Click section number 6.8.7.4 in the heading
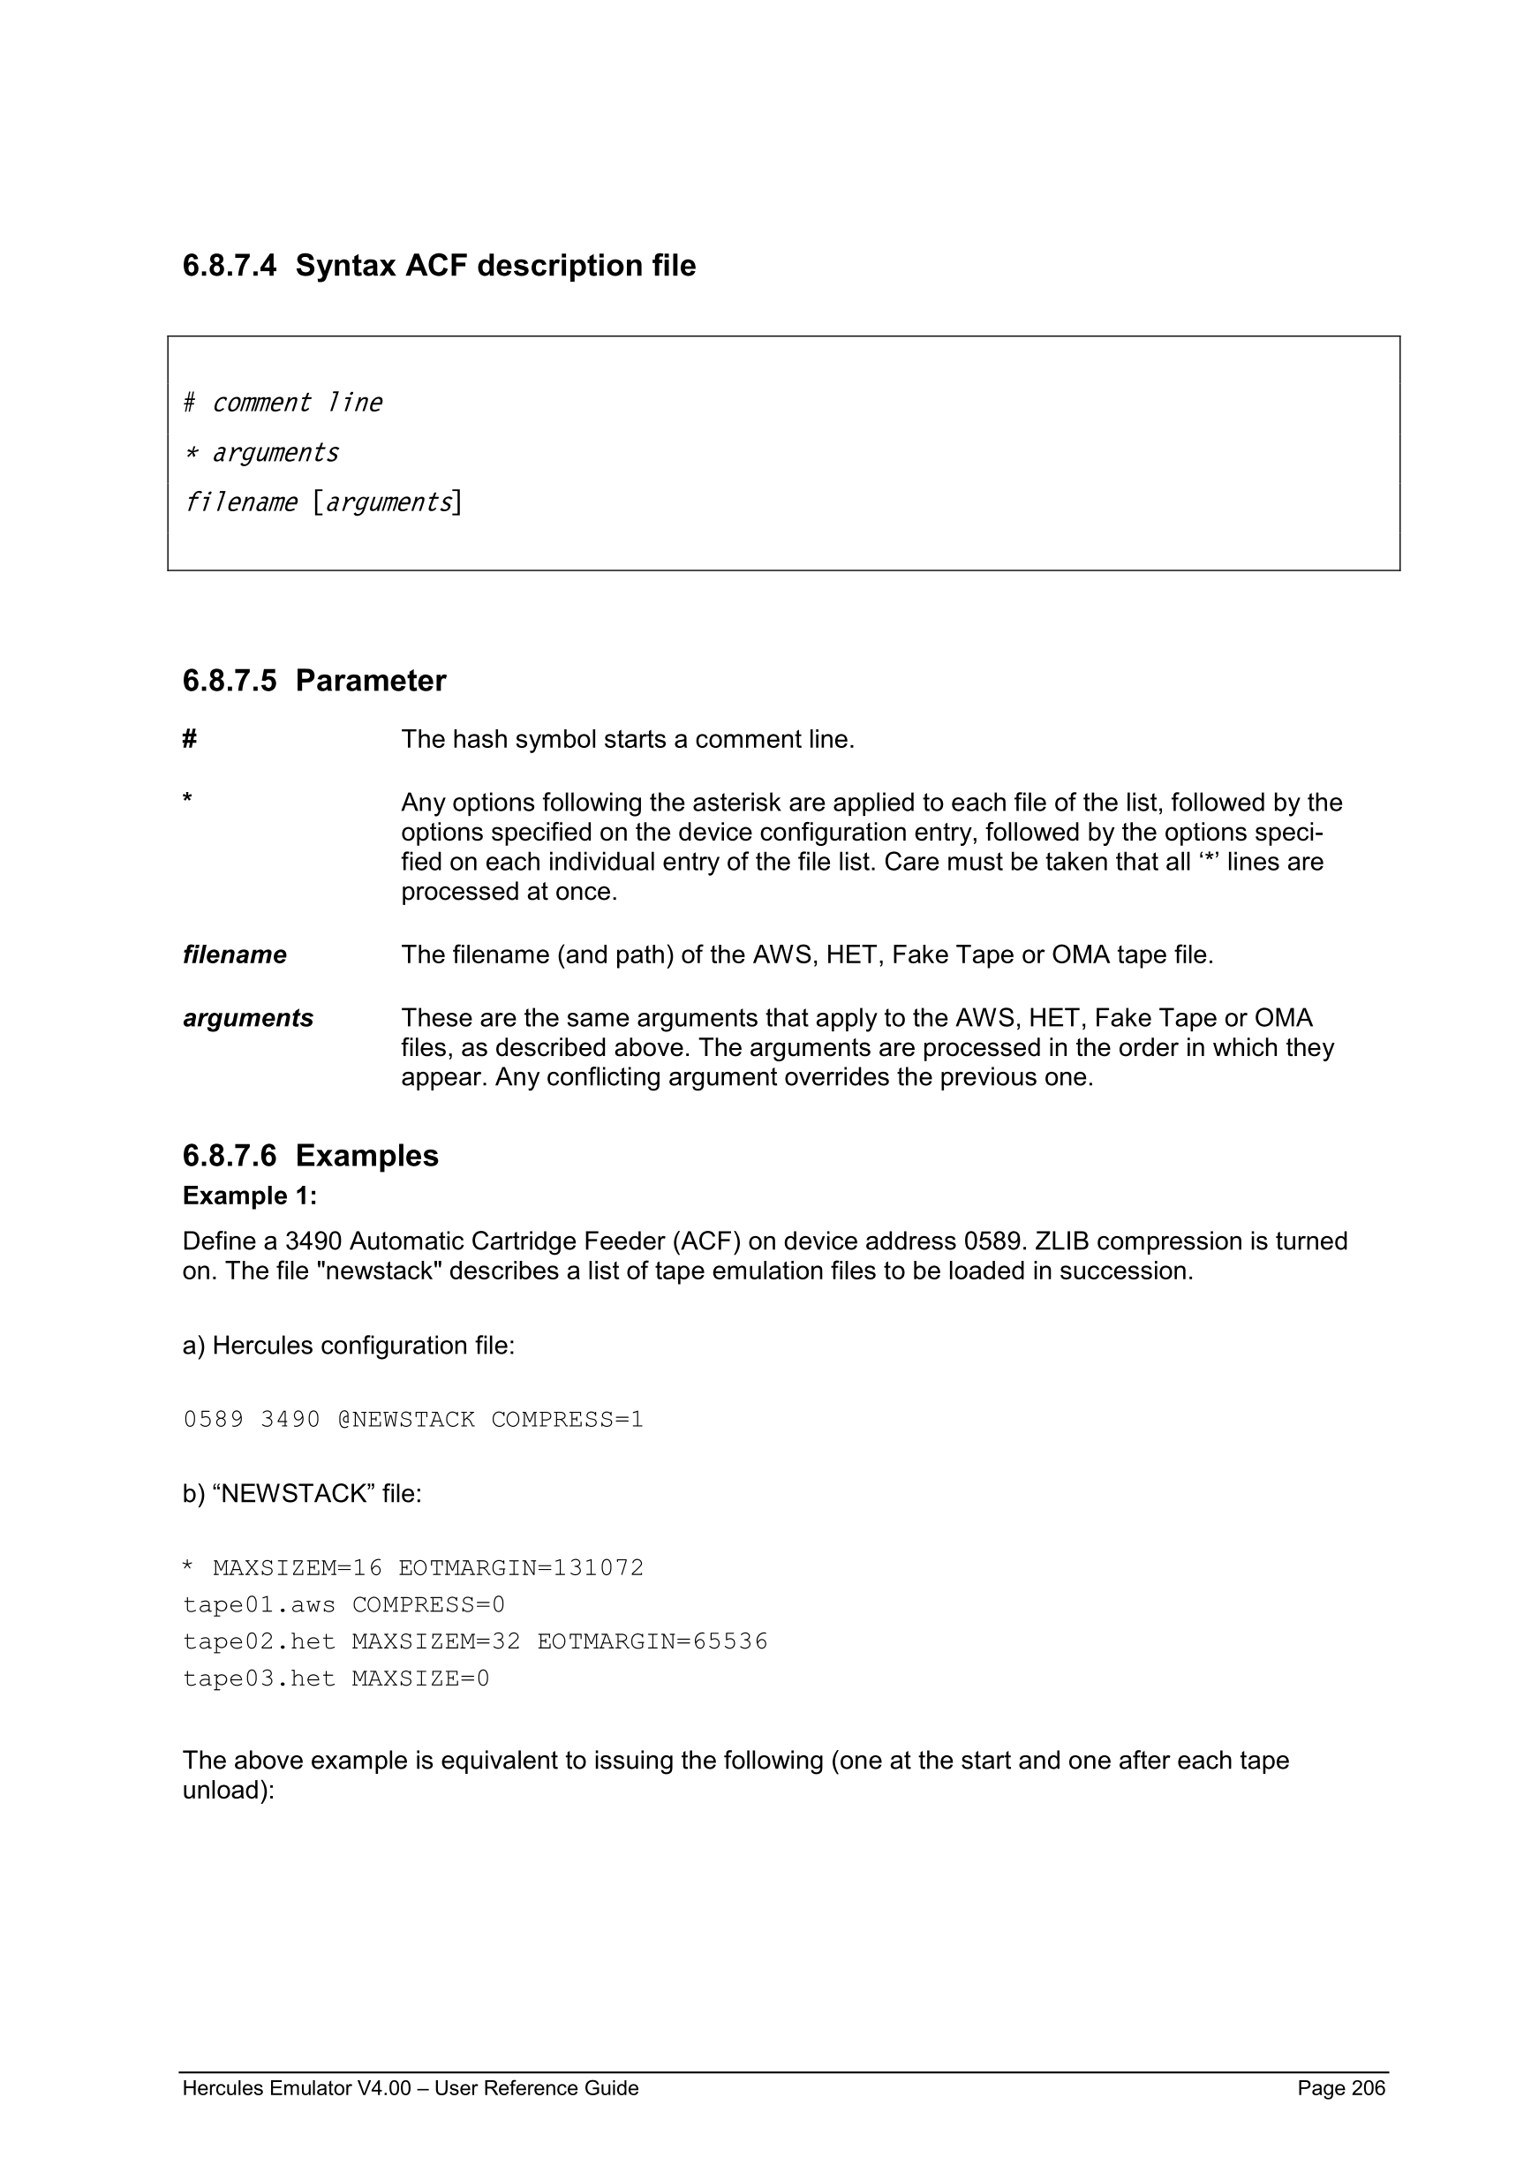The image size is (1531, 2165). [x=229, y=266]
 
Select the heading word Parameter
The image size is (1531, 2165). [x=371, y=681]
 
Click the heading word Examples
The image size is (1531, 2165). [x=366, y=1156]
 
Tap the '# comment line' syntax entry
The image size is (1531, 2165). [x=282, y=403]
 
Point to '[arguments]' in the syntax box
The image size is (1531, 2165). [x=388, y=502]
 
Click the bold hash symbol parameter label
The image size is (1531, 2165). [x=190, y=739]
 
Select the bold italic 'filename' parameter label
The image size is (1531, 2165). [x=235, y=955]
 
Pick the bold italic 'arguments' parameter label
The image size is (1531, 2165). [x=248, y=1018]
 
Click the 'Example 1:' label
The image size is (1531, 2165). [x=250, y=1196]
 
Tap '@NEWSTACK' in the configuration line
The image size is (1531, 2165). [x=406, y=1419]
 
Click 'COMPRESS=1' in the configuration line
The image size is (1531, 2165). [x=568, y=1419]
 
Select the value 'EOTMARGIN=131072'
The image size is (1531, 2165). [x=521, y=1568]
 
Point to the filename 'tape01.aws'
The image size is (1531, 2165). [x=260, y=1605]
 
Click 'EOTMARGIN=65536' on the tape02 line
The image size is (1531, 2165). [x=652, y=1641]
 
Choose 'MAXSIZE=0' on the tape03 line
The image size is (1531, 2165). [x=420, y=1678]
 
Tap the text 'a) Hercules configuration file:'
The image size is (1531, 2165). [x=349, y=1346]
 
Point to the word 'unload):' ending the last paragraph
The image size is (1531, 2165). [x=228, y=1790]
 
